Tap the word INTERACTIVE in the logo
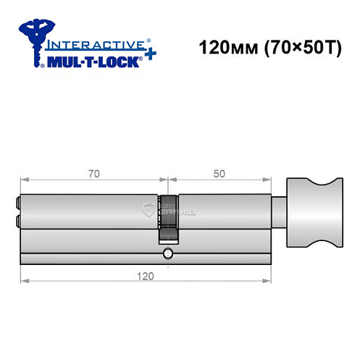[x=93, y=44]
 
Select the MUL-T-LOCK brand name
[x=93, y=61]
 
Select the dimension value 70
[x=93, y=174]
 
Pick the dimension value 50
[x=219, y=174]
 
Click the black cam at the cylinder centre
[x=168, y=217]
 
